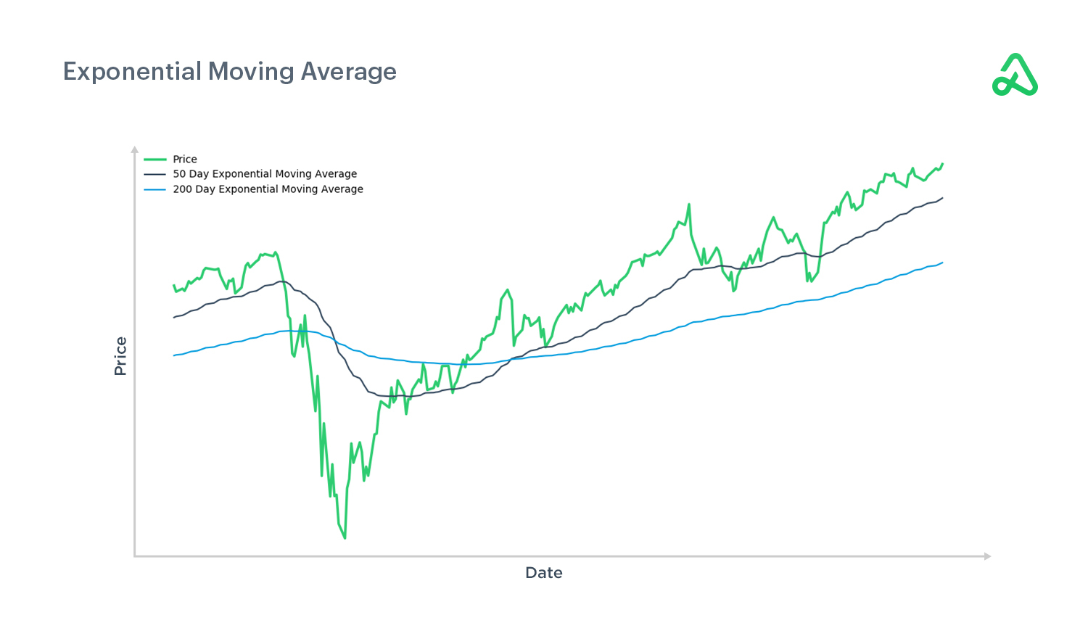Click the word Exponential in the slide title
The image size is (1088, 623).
click(132, 72)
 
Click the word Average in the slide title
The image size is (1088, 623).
click(348, 72)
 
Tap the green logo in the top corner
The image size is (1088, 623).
click(1015, 75)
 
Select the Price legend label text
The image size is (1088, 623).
click(184, 160)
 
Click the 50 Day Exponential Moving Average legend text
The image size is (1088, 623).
click(265, 174)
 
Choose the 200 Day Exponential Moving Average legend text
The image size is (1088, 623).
click(268, 189)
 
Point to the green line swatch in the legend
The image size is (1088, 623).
click(155, 160)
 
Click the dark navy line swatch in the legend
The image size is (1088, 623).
click(155, 174)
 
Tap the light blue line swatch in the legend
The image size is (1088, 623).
click(155, 189)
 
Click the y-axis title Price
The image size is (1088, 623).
click(120, 356)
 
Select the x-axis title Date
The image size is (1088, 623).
click(544, 573)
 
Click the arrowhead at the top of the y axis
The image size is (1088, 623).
click(134, 149)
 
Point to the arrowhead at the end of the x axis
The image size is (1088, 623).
click(987, 556)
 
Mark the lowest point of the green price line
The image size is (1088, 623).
click(345, 538)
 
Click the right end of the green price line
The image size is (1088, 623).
click(942, 164)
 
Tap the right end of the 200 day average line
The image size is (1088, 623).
click(942, 263)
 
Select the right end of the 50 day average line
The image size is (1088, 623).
click(942, 198)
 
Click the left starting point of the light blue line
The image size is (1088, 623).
click(174, 355)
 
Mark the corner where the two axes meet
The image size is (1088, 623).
click(134, 556)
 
